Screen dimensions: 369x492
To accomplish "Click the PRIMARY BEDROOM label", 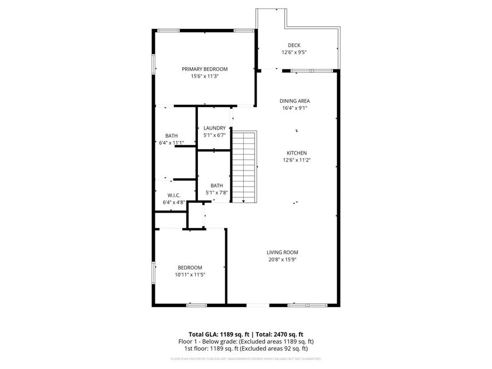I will [204, 69].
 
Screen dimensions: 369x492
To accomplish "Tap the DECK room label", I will [294, 45].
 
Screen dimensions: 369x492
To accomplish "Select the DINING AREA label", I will [295, 101].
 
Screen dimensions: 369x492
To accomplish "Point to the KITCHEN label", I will [297, 153].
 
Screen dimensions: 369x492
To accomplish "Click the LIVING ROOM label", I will [282, 253].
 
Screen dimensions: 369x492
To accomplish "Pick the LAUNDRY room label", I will [214, 128].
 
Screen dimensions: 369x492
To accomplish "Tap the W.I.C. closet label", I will [174, 195].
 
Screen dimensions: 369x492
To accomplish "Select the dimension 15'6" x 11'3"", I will [204, 77].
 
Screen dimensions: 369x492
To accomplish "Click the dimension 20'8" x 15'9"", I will [282, 260].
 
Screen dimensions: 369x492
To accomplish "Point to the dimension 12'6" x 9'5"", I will [294, 52].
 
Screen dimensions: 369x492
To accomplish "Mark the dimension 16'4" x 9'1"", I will [295, 108].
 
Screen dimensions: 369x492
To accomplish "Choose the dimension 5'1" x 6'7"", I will [214, 135].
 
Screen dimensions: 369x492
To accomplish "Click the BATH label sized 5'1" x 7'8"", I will [216, 185].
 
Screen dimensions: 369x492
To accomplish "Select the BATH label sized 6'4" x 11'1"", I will [171, 136].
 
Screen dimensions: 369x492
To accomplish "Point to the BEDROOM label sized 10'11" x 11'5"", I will [190, 267].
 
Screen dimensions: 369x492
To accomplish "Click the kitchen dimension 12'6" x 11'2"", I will [297, 160].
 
